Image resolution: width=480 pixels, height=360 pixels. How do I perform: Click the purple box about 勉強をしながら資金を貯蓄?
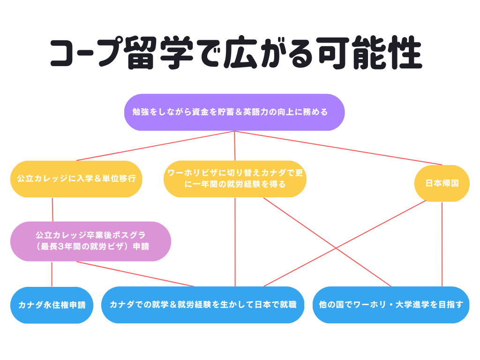point(234,112)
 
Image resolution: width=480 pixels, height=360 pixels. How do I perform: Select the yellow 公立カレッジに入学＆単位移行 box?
point(76,179)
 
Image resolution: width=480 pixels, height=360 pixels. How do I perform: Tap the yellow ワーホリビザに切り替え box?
point(235,179)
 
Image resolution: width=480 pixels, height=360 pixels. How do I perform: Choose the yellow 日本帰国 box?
point(442,183)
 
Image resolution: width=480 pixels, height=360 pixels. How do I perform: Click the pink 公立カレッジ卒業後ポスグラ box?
point(90,241)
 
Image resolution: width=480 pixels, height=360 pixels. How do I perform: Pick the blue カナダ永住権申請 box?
point(52,305)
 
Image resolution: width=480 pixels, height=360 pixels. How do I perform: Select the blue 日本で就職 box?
point(202,305)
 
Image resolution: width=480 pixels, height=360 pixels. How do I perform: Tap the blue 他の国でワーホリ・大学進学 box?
point(391,305)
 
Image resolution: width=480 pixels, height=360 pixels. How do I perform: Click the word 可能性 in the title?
point(370,52)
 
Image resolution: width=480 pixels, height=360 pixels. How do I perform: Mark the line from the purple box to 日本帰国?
point(338,148)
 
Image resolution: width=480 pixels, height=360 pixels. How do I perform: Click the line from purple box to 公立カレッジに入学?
point(156,146)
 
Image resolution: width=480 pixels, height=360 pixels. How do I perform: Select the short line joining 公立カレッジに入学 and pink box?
point(52,210)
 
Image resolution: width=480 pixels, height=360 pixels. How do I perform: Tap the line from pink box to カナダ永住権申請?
point(52,274)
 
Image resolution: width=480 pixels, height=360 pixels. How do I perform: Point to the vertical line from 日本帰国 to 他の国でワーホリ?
point(442,244)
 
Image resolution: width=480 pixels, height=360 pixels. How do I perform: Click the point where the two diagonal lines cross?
point(336,248)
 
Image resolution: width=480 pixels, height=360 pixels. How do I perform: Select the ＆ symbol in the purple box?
point(239,112)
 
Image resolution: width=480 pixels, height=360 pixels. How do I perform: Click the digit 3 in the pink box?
point(60,247)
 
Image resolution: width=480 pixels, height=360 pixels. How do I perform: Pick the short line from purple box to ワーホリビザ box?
point(235,146)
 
